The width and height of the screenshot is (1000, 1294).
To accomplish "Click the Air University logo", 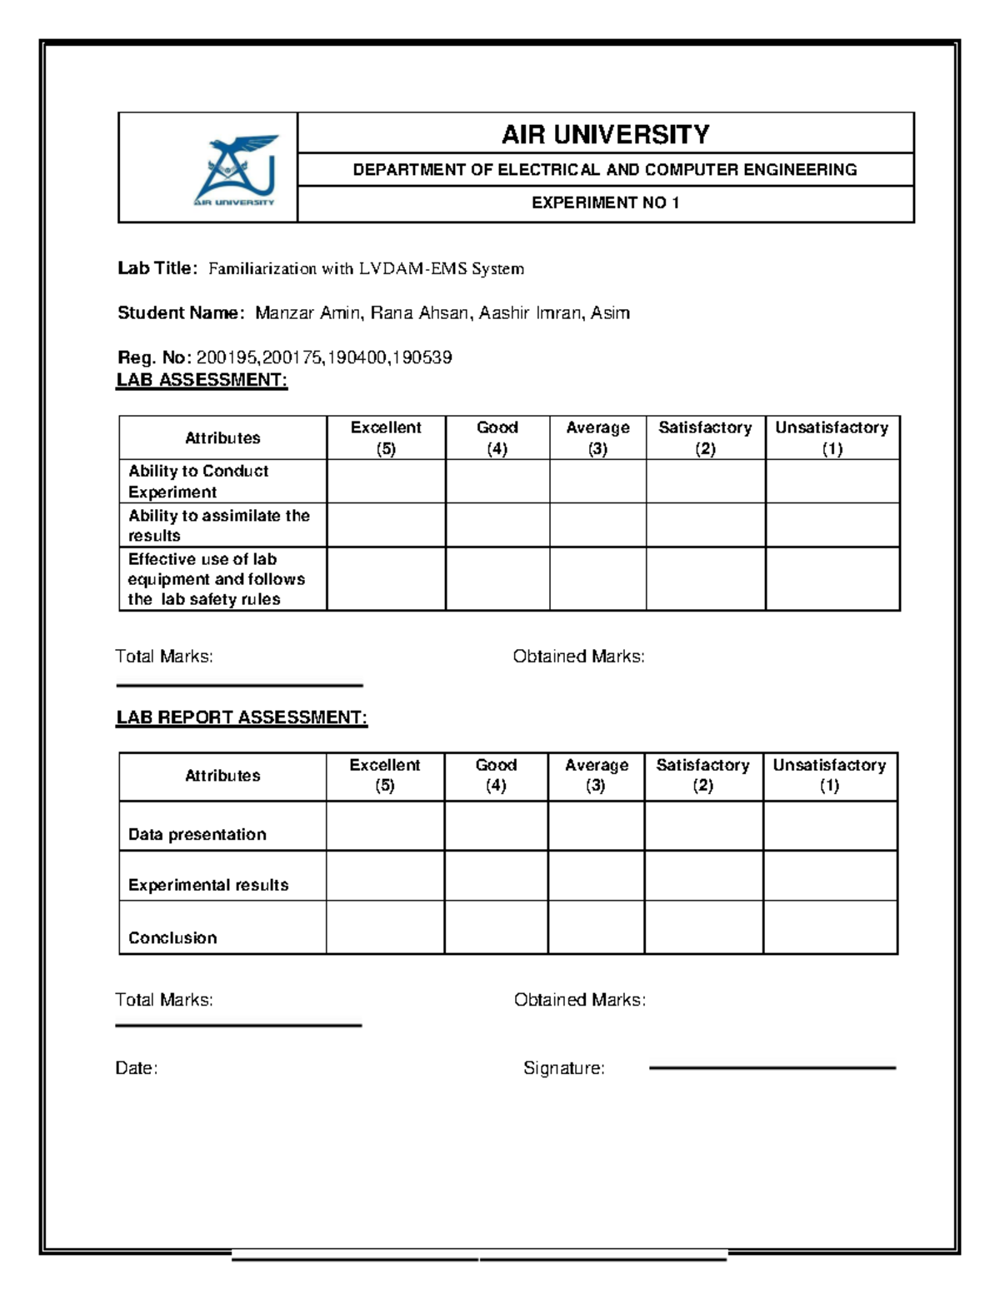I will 235,170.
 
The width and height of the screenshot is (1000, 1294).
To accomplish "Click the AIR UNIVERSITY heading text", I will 605,134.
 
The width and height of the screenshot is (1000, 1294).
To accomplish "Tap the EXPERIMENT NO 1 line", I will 605,202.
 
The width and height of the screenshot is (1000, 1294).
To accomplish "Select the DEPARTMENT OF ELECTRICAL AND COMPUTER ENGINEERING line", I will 605,170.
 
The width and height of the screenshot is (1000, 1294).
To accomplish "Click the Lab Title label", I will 157,268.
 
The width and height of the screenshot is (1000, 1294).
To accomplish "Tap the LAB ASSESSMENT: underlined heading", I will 202,380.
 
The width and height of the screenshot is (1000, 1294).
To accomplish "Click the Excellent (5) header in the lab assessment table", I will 386,437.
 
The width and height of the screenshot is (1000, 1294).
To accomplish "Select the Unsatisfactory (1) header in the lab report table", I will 829,775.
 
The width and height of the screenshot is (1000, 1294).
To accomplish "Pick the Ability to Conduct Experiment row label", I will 198,481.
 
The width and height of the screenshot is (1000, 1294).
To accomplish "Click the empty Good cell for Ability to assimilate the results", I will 497,525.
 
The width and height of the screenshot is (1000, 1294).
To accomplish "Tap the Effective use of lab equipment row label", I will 216,579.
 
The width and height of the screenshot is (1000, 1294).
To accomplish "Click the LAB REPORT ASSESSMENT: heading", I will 242,717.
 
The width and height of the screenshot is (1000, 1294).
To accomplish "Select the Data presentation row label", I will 197,834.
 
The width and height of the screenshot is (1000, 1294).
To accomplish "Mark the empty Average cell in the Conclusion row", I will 596,927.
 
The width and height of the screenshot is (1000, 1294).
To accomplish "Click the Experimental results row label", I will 208,885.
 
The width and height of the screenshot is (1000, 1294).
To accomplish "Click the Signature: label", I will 563,1068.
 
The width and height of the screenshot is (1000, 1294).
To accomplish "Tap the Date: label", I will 136,1068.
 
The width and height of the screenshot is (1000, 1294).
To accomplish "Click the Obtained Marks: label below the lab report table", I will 579,1000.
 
